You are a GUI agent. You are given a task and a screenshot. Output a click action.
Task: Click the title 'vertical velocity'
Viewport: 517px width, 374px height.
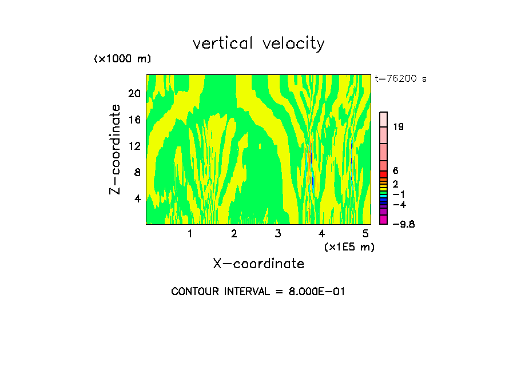(258, 43)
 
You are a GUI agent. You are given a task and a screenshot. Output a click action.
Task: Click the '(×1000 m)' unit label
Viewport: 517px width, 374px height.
(122, 59)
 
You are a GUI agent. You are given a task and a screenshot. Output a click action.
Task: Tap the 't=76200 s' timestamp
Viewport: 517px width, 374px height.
(400, 79)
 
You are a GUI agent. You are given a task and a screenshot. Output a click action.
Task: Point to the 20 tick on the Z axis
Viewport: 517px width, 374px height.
(134, 94)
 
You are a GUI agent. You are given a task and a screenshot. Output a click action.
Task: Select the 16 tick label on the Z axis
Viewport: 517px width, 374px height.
(134, 120)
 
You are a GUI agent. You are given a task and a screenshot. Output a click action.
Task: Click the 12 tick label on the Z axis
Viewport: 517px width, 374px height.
(134, 146)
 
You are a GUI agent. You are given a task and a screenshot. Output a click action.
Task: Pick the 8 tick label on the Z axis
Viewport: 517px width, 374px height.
(137, 173)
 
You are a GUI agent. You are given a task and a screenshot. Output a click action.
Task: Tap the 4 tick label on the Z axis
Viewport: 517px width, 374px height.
(137, 199)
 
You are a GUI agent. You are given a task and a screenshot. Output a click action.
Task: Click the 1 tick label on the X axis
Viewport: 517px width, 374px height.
(190, 233)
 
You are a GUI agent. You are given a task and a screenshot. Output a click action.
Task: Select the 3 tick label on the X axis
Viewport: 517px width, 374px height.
(278, 233)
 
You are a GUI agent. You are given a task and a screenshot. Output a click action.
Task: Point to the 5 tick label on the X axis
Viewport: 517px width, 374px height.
(365, 233)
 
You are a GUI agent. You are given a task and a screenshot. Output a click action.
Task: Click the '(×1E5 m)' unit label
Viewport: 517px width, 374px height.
(349, 247)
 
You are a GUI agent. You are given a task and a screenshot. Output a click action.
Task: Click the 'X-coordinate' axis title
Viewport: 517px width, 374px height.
(258, 264)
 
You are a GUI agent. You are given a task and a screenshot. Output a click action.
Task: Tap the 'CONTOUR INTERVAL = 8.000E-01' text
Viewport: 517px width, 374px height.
(258, 292)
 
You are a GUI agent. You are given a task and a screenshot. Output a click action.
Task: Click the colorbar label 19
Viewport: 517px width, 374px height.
(398, 127)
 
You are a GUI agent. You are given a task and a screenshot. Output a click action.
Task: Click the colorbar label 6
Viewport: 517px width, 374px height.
(395, 171)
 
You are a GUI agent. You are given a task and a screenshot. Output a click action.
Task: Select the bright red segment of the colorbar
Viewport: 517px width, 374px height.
(384, 174)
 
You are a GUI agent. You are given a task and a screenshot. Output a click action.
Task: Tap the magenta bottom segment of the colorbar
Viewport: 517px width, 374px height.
(384, 220)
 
